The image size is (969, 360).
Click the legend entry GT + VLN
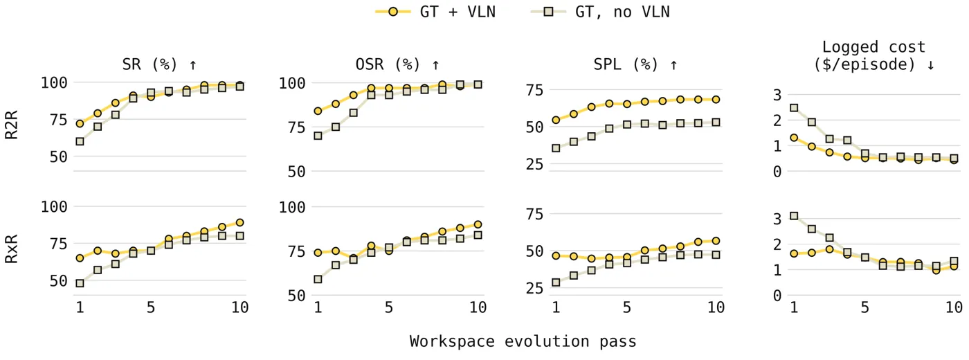coord(435,12)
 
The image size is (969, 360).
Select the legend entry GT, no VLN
coord(600,12)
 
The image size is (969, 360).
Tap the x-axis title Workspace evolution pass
coord(523,341)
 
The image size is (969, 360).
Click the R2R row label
coord(11,125)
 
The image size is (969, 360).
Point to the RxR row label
coord(11,249)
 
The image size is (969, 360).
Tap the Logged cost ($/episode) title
coord(873,56)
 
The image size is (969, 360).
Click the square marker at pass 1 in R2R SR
coord(80,141)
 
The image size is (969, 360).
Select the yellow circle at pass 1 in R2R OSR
coord(318,111)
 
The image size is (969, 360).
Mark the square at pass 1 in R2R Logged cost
coord(794,108)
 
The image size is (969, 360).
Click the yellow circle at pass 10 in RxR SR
coord(239,222)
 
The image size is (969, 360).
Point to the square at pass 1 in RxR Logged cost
coord(794,216)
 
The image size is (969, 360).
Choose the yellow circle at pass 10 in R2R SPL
coord(716,100)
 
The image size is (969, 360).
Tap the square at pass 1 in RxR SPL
coord(556,282)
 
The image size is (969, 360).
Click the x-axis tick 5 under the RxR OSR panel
coord(389,307)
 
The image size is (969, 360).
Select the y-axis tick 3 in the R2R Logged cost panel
coord(777,95)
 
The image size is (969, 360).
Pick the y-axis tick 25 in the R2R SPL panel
coord(534,165)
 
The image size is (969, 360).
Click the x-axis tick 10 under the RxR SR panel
coord(239,307)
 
